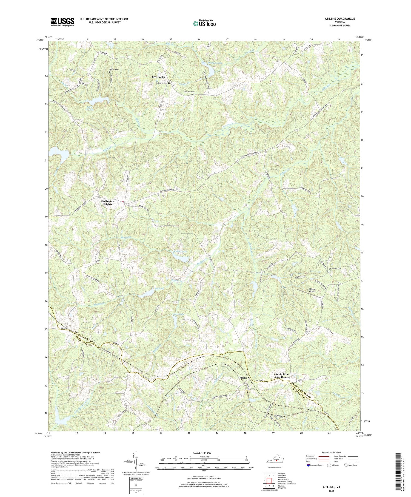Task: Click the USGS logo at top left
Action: (62, 22)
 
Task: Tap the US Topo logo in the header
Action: (204, 24)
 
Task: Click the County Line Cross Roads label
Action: (281, 376)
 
